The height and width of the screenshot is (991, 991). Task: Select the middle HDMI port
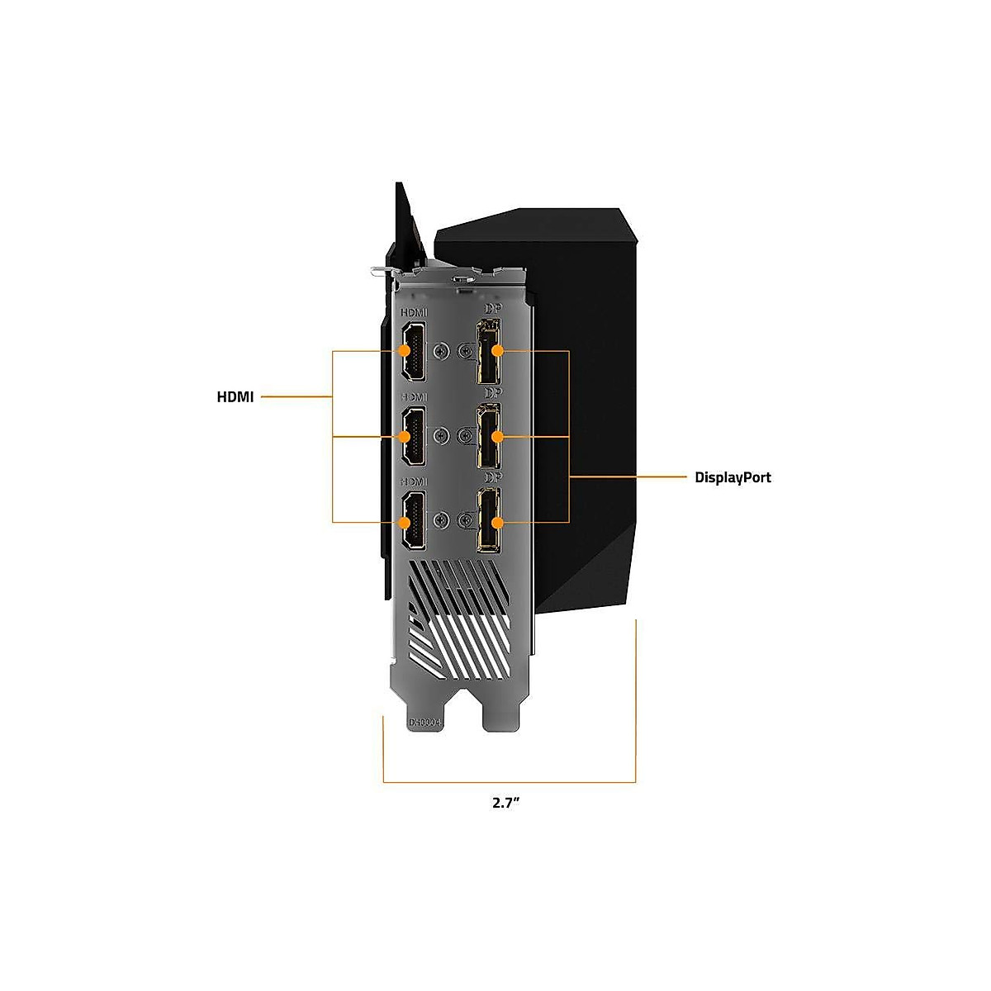[412, 437]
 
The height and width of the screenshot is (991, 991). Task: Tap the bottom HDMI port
[412, 521]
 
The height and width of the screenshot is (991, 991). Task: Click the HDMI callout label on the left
[235, 397]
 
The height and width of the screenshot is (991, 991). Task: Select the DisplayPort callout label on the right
[733, 477]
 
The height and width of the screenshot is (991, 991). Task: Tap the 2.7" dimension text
[505, 803]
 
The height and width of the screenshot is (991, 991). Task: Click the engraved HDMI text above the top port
[414, 313]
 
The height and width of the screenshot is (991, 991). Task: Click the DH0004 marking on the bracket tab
[427, 721]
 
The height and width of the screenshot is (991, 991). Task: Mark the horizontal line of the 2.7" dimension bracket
[509, 781]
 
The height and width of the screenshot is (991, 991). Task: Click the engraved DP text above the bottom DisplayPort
[492, 477]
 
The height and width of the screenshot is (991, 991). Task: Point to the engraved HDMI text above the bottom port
[413, 481]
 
